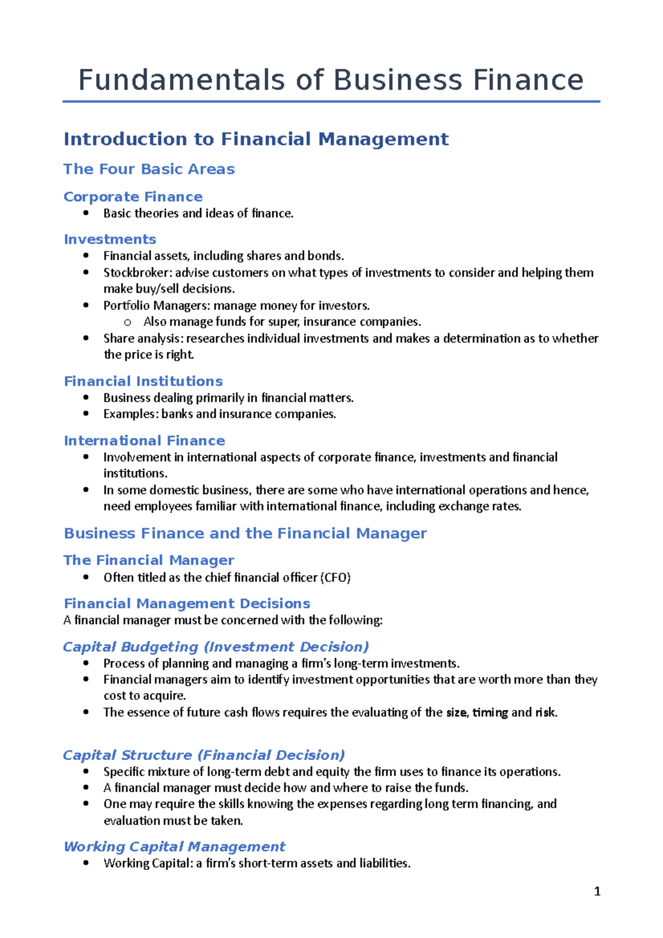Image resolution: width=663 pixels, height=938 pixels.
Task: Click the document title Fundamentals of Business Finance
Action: coord(330,80)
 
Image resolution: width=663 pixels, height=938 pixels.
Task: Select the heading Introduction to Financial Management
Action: coord(256,139)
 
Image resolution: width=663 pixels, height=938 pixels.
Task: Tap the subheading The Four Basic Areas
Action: coord(149,169)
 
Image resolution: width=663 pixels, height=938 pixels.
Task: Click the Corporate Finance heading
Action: coord(133,197)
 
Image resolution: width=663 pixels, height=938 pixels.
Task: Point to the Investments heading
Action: coord(110,240)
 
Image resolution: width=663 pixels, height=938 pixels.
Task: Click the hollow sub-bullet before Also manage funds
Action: coord(128,323)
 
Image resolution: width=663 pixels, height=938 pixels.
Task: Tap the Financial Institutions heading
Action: coord(143,382)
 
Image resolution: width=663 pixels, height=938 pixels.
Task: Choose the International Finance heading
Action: coord(144,441)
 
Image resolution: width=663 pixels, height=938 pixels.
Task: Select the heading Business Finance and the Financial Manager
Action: coord(245,534)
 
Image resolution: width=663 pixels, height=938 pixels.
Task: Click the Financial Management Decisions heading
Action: coord(187,604)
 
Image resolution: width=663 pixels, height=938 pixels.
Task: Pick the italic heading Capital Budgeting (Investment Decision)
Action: coord(215,647)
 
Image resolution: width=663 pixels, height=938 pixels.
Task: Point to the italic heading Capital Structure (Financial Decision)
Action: coord(204,755)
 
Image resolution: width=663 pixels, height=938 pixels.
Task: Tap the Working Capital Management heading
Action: coord(175,847)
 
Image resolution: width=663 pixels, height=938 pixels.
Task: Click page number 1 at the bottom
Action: coord(597,892)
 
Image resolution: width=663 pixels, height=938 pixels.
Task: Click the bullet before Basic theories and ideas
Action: coord(86,213)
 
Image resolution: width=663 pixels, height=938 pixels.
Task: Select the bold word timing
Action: coord(490,713)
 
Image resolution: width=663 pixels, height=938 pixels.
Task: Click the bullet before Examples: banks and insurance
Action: coord(86,414)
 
